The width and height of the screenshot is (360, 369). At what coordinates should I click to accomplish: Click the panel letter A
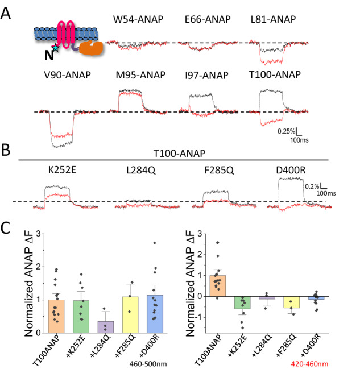click(x=7, y=11)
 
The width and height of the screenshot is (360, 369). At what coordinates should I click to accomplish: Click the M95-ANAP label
click(x=138, y=77)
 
